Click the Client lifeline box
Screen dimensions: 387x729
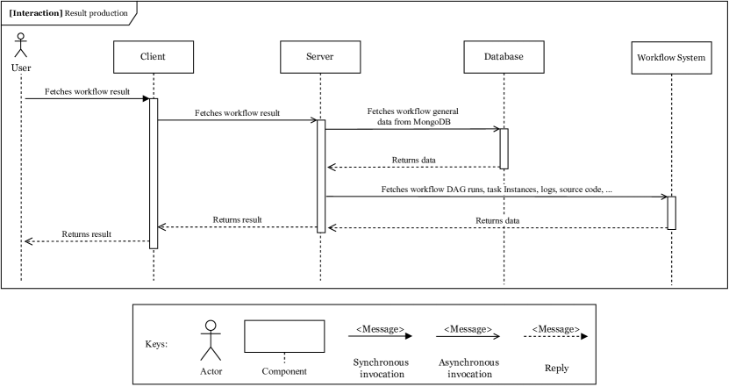click(153, 57)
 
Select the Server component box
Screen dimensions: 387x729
click(320, 57)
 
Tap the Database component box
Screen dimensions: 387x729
click(504, 57)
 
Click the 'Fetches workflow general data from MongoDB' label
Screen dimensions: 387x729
click(413, 118)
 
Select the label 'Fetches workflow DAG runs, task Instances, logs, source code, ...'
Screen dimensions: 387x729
click(497, 190)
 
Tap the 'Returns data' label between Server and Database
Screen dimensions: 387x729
click(414, 160)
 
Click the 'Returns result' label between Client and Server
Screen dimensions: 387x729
click(238, 219)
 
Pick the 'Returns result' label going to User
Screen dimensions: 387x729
click(86, 234)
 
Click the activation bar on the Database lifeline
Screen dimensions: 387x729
click(504, 148)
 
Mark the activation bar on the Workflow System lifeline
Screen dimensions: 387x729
click(671, 212)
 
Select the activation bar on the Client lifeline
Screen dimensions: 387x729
click(154, 173)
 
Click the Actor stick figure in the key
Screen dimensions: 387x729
click(209, 340)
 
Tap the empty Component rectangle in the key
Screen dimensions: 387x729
click(284, 334)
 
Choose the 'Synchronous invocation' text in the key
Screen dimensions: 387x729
click(377, 367)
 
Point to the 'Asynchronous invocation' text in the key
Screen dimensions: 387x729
click(468, 367)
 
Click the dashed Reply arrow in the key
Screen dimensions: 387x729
click(556, 336)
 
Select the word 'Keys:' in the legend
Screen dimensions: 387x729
click(157, 343)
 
